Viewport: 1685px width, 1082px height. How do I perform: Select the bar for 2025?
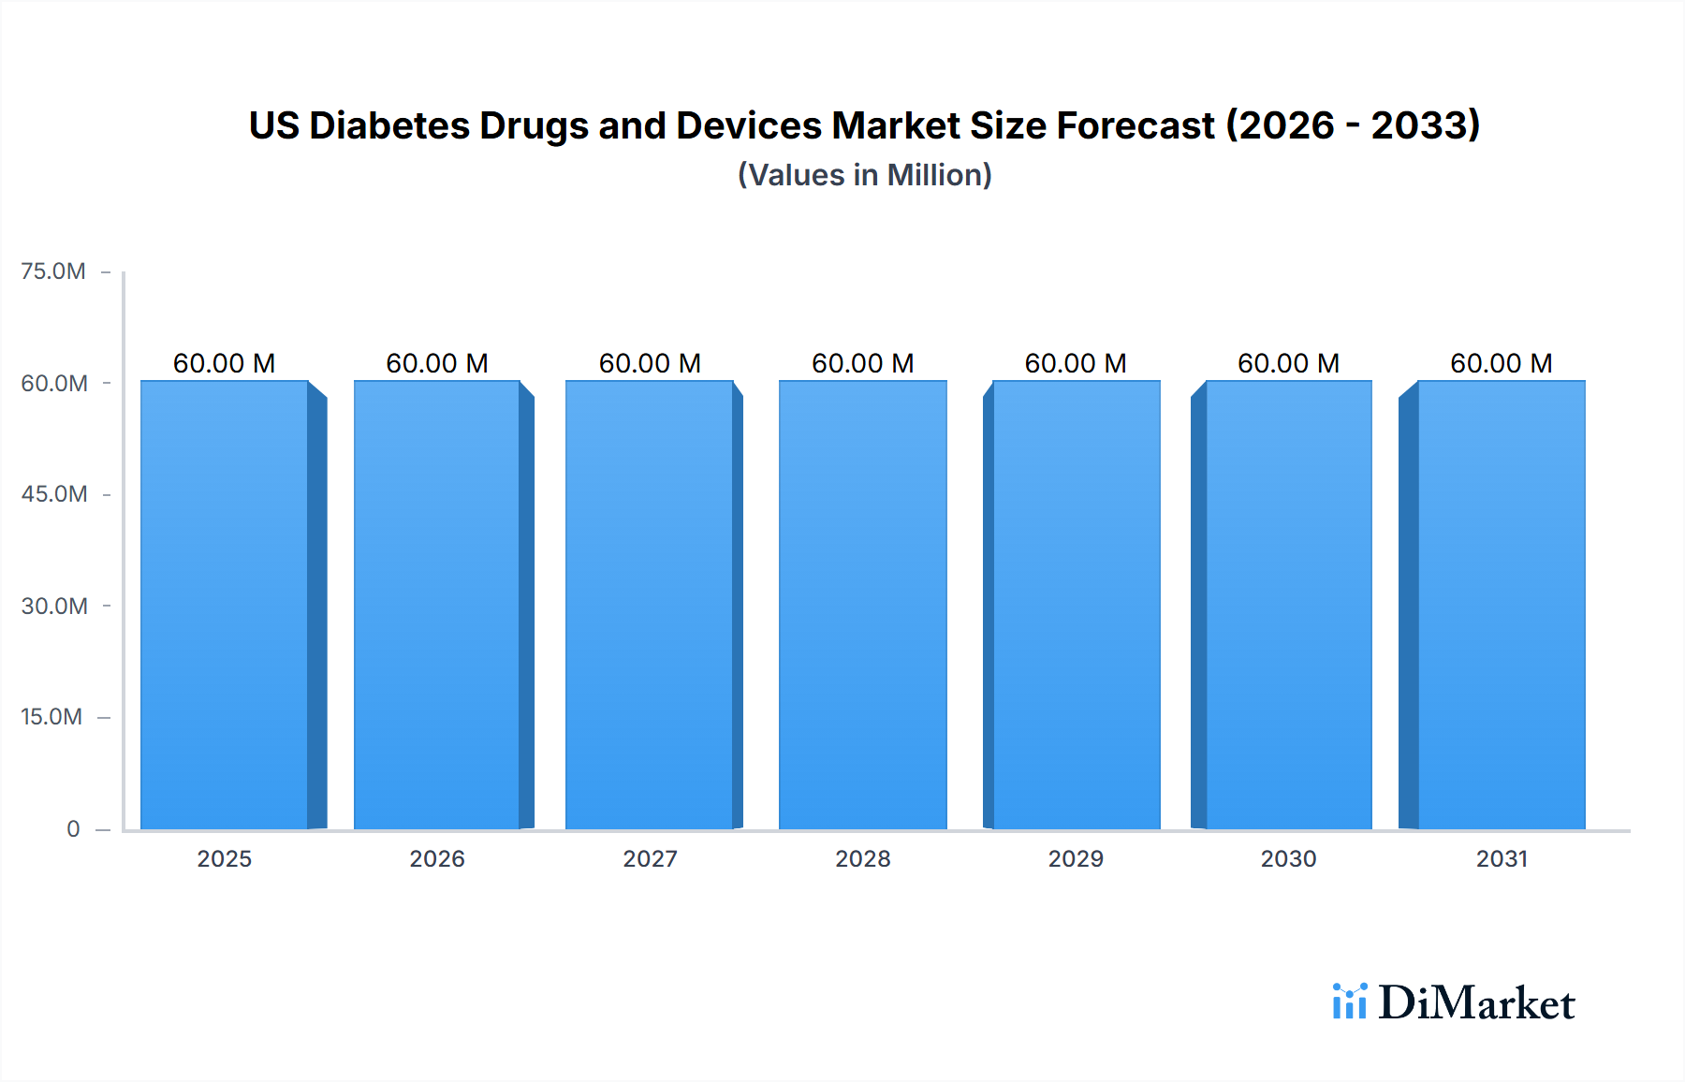coord(225,605)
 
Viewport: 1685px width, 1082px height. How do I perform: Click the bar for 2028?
coord(862,605)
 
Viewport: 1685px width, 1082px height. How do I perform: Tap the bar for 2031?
coord(1501,605)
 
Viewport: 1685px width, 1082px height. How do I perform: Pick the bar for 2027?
coord(650,605)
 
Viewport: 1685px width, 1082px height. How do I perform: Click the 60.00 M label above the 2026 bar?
coord(437,363)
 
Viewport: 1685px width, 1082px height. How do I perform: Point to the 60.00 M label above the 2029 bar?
coord(1076,363)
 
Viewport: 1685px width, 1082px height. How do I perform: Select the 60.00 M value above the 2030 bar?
coord(1288,363)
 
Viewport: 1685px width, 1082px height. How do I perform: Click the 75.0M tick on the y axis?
coord(53,271)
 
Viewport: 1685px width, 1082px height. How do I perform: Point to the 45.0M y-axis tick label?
coord(54,494)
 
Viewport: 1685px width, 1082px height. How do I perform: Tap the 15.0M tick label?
coord(51,717)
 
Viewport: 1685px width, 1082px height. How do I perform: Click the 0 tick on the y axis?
coord(73,829)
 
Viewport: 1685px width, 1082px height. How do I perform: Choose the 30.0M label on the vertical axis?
coord(54,607)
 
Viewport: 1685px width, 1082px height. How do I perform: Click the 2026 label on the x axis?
coord(437,859)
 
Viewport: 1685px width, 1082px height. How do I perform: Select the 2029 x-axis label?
coord(1076,859)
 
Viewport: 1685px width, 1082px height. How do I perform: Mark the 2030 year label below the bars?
coord(1288,859)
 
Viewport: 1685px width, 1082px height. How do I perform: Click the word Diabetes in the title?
coord(388,125)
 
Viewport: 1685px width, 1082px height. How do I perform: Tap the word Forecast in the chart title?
coord(1136,125)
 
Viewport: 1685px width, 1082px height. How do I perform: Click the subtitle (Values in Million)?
coord(864,175)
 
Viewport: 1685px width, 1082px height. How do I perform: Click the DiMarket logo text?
coord(1476,1003)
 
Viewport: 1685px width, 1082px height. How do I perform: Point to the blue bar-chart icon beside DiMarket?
coord(1349,1002)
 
